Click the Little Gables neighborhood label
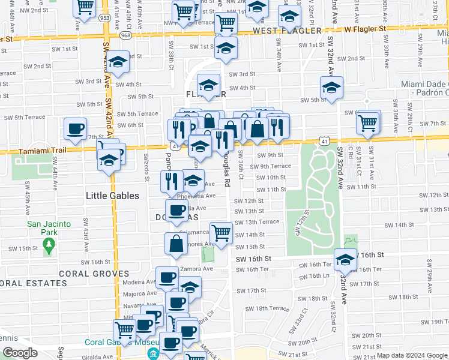[x=112, y=196]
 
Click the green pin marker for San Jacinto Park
[x=50, y=244]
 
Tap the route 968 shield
[x=125, y=35]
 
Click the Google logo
[x=20, y=353]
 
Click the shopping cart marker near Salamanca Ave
[x=221, y=232]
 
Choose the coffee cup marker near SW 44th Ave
[x=76, y=129]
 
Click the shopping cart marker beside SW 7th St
[x=367, y=123]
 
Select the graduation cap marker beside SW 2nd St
[x=118, y=62]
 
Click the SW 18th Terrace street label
[x=271, y=308]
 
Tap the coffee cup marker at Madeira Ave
[x=167, y=278]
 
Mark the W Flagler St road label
[x=365, y=28]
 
